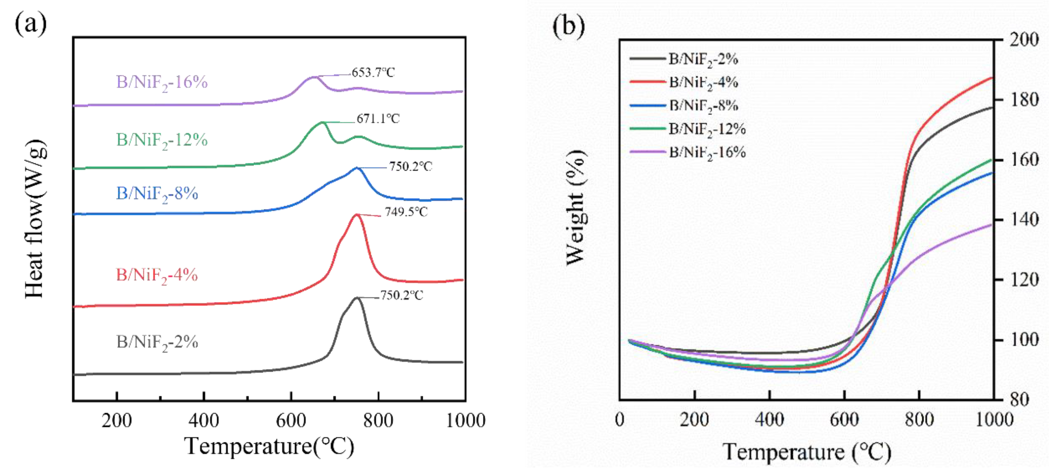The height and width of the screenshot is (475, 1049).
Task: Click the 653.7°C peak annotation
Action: point(373,73)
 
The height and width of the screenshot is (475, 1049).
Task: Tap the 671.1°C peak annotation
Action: point(378,119)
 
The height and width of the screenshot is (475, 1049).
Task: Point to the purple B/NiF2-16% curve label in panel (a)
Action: point(162,83)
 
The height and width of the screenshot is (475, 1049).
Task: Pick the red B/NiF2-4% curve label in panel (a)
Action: point(157,276)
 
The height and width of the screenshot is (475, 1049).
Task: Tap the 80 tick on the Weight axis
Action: point(1020,400)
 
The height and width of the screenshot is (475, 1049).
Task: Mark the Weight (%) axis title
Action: point(576,208)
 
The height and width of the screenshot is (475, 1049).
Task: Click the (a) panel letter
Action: point(31,24)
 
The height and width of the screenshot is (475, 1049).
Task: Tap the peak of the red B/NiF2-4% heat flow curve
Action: point(357,214)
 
